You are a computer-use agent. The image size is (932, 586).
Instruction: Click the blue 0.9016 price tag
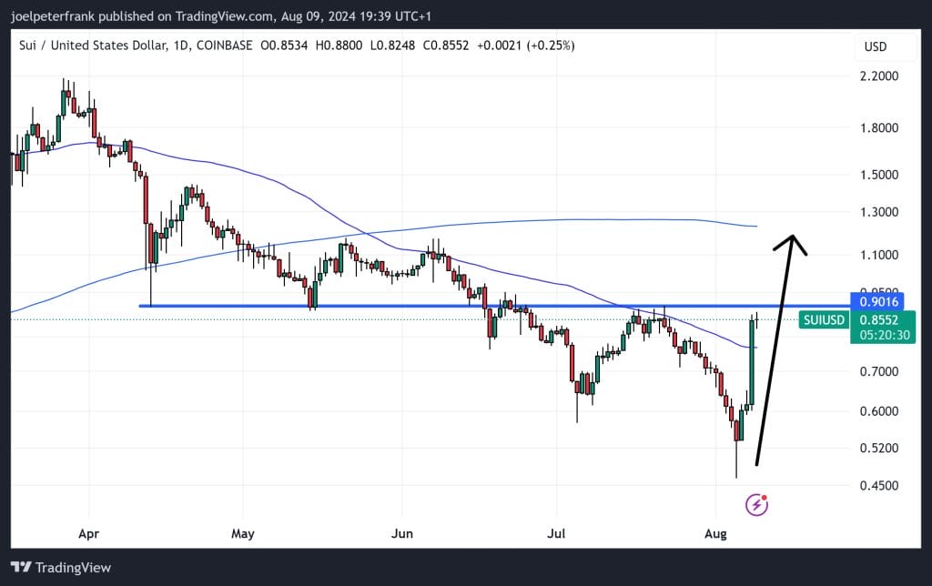point(878,301)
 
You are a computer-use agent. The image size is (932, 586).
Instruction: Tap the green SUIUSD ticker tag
point(824,320)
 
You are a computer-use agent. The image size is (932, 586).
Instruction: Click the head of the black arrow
point(794,239)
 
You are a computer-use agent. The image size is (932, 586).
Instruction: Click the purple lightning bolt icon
point(756,504)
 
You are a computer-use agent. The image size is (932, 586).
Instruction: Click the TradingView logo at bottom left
point(61,568)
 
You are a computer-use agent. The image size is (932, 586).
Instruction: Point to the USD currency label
point(876,46)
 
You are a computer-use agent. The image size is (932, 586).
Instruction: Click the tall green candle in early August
point(752,361)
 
